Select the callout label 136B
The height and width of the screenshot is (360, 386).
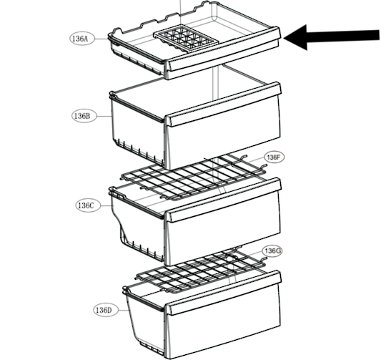pyautogui.click(x=84, y=116)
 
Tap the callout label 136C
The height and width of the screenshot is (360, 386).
pyautogui.click(x=88, y=205)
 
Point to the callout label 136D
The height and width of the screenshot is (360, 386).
pyautogui.click(x=106, y=310)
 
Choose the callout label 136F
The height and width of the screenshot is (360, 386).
pyautogui.click(x=274, y=157)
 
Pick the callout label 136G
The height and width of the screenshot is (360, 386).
pyautogui.click(x=272, y=251)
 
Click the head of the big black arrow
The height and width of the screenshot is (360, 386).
pyautogui.click(x=295, y=37)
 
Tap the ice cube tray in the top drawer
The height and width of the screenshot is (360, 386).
pyautogui.click(x=186, y=38)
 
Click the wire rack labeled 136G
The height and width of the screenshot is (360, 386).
pyautogui.click(x=201, y=271)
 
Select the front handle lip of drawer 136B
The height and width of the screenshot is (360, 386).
pyautogui.click(x=223, y=104)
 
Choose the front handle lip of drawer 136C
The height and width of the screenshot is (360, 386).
pyautogui.click(x=223, y=200)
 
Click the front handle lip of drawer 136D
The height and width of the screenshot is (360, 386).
pyautogui.click(x=223, y=293)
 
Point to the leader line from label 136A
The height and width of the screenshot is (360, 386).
pyautogui.click(x=102, y=39)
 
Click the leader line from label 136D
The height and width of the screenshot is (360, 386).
pyautogui.click(x=124, y=310)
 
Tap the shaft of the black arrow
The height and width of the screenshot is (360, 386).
pyautogui.click(x=343, y=37)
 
